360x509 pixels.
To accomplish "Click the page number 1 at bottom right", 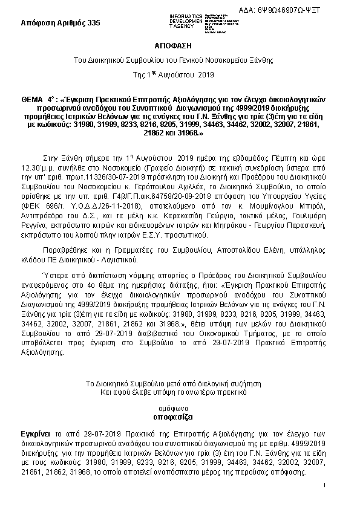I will pos(325,485).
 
